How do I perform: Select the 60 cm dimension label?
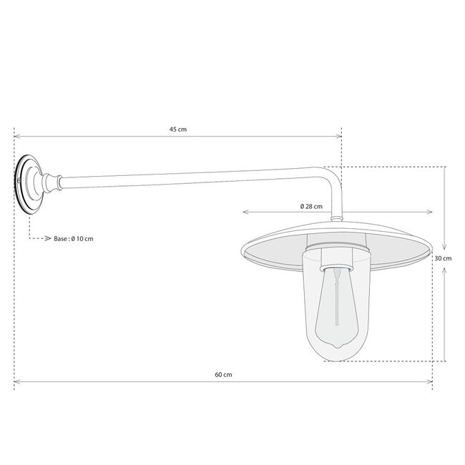coord(223,374)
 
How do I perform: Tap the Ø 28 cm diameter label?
coord(312,206)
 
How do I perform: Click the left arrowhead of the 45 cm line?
coord(17,136)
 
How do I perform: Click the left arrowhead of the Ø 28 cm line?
coord(246,212)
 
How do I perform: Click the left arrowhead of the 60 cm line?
coord(17,381)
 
